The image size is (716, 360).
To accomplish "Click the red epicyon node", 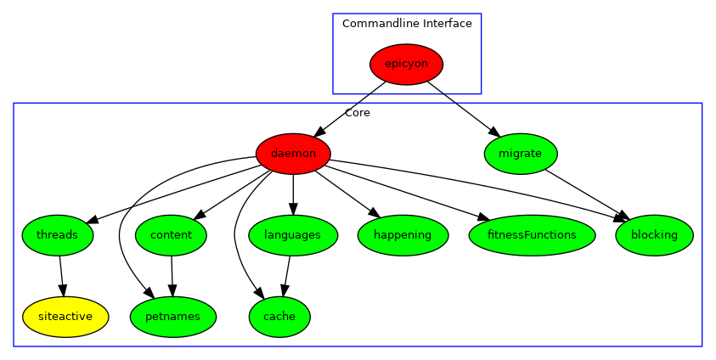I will coord(406,64).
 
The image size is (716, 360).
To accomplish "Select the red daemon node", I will coord(293,154).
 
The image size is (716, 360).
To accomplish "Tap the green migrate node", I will coord(520,154).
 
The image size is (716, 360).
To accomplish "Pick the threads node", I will coord(58,235).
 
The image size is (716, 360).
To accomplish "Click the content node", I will coord(171,235).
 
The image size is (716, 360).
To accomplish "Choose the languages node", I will coord(292,235).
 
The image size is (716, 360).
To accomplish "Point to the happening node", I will coord(403,235).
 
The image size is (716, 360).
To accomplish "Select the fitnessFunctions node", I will coord(532,235).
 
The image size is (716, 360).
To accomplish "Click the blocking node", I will coord(654,235).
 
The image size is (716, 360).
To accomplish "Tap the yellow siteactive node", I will coord(65,317).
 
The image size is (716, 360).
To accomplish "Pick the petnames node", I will coord(173,317).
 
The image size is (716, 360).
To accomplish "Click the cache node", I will coord(279,317).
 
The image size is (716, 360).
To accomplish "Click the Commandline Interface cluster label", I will coord(407,24).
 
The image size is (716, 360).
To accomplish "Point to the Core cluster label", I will coord(357,113).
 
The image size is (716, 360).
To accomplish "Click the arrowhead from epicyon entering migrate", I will coord(493,131).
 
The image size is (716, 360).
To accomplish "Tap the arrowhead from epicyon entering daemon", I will coord(320,131).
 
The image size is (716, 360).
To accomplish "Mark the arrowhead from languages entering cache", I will coord(285,290).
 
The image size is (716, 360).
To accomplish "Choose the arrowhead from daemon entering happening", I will coord(371,213).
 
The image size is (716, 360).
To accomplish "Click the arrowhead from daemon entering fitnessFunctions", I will coord(484,218).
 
